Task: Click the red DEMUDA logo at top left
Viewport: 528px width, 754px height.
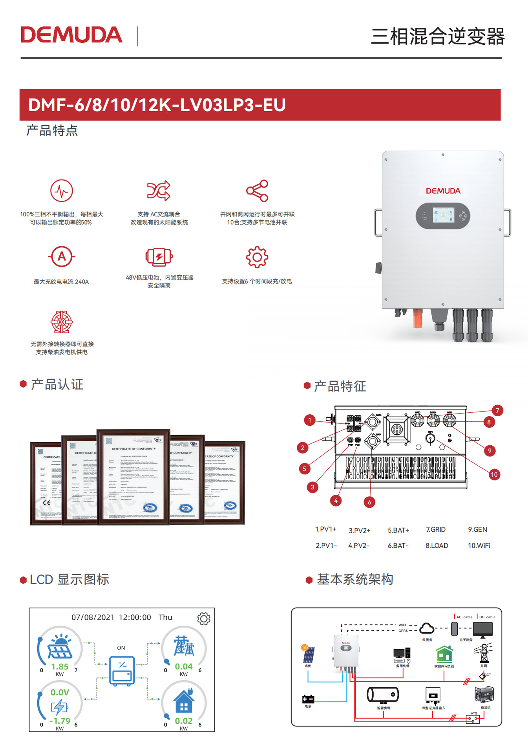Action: (x=71, y=35)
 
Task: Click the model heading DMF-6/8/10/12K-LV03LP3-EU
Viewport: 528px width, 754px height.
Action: (x=157, y=105)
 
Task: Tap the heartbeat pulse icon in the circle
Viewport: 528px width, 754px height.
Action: (x=62, y=191)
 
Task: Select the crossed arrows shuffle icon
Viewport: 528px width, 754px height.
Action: (x=159, y=191)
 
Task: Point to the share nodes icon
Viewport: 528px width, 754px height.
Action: (x=257, y=191)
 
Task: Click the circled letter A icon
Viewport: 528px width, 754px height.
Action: (x=62, y=257)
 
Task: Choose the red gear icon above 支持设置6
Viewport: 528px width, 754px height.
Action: (x=257, y=257)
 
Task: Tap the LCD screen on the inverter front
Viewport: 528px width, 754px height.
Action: (x=443, y=216)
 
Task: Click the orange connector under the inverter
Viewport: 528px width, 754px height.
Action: (x=417, y=318)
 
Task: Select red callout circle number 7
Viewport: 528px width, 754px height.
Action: (x=497, y=411)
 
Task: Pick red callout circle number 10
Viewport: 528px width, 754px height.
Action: (x=494, y=474)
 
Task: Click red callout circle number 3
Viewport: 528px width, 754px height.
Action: (x=312, y=487)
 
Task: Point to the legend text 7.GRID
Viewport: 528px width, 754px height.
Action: (x=436, y=530)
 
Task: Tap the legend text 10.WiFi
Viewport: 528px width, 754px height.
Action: (x=479, y=545)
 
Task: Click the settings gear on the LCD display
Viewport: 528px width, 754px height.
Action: (x=204, y=619)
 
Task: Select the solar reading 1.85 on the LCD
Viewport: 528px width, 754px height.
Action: (x=60, y=666)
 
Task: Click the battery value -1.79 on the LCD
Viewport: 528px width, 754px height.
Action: (x=60, y=721)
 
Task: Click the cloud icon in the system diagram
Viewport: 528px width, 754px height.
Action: (x=427, y=629)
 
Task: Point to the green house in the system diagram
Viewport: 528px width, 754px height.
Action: (x=444, y=654)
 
